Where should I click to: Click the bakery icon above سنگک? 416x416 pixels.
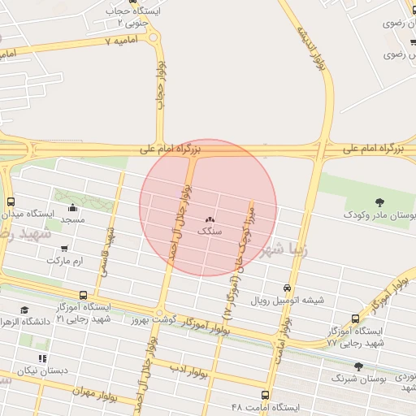click(210, 219)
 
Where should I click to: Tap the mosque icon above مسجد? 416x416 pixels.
click(73, 207)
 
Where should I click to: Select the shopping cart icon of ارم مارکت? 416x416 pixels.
click(64, 249)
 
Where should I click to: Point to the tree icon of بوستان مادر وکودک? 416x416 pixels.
click(379, 201)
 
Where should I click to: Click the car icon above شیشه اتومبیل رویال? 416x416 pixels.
click(287, 288)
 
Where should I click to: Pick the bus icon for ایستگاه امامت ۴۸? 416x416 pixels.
click(288, 394)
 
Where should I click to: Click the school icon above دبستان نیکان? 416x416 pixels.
click(42, 358)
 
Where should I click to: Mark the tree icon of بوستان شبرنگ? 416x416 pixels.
click(358, 366)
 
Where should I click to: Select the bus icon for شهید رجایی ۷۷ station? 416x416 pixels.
click(355, 318)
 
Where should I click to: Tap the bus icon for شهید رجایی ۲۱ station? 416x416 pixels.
click(83, 296)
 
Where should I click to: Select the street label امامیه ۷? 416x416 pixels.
click(129, 40)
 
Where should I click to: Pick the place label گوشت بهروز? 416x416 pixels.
click(150, 321)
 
